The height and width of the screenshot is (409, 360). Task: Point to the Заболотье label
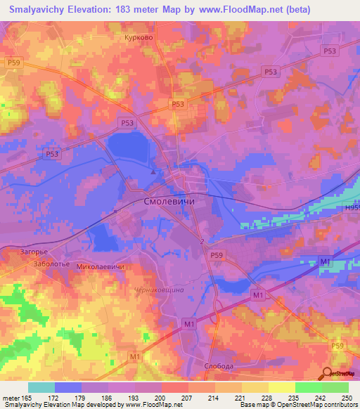pyautogui.click(x=51, y=264)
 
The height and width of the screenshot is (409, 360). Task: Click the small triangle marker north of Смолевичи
pyautogui.click(x=154, y=171)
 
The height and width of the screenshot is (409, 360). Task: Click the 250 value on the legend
pyautogui.click(x=347, y=397)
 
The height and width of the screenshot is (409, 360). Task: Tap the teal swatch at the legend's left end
pyautogui.click(x=41, y=387)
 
